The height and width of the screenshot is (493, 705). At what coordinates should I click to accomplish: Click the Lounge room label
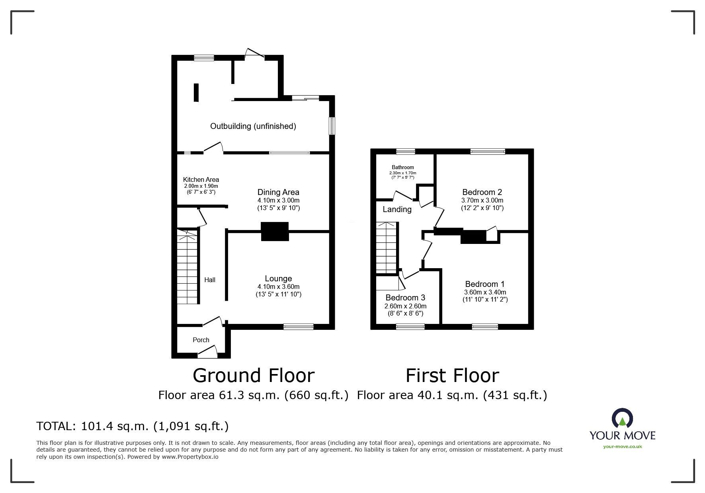click(x=278, y=279)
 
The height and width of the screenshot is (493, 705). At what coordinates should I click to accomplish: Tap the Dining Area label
click(x=278, y=193)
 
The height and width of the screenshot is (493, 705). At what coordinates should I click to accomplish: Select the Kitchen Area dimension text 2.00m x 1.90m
click(x=201, y=186)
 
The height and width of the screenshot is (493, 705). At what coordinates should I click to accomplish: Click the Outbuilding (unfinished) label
click(x=253, y=127)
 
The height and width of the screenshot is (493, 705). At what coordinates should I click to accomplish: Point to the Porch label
click(x=201, y=340)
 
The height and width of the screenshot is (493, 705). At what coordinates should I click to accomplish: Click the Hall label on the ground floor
click(x=210, y=280)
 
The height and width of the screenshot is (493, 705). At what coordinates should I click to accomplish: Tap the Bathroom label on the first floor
click(x=402, y=168)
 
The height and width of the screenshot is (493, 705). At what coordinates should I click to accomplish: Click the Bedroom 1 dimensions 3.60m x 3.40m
click(x=484, y=292)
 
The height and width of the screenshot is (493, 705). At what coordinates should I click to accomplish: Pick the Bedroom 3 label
click(x=405, y=298)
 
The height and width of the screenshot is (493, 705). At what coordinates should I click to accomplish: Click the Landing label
click(x=397, y=209)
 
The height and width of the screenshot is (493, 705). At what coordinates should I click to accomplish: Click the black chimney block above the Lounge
click(x=275, y=231)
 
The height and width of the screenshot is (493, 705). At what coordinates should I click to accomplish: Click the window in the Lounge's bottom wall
click(x=298, y=327)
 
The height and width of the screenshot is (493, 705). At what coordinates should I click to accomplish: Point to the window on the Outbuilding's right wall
click(x=331, y=126)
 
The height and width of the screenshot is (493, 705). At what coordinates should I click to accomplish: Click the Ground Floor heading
click(x=254, y=376)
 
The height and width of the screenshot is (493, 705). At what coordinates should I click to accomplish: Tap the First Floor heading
click(x=452, y=376)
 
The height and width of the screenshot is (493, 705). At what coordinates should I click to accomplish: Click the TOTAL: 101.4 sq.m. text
click(x=132, y=426)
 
